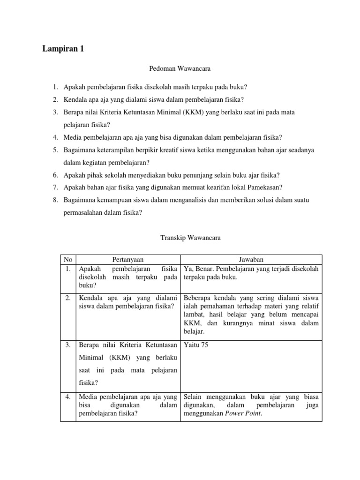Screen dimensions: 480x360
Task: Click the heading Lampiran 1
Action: (x=64, y=49)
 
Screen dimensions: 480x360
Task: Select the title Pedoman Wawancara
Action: (x=180, y=69)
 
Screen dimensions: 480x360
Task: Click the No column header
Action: (x=67, y=260)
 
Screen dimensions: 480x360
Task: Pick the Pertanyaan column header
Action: (x=128, y=260)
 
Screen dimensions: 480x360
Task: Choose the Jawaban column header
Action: (x=251, y=260)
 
